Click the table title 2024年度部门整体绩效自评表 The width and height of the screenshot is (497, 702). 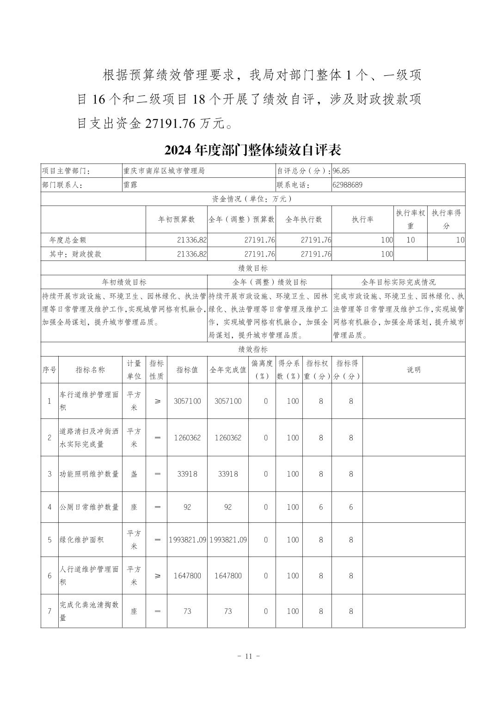coord(252,150)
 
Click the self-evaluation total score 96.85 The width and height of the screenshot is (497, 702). coord(341,171)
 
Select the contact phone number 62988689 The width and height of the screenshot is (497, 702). coord(347,185)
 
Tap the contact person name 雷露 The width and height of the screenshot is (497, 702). coord(130,185)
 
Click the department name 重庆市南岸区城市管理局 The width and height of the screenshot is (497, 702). coord(164,171)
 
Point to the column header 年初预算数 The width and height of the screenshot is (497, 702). coord(177,219)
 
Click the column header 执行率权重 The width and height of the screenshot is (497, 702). coord(410,219)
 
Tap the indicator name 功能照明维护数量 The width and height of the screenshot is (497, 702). coord(90,474)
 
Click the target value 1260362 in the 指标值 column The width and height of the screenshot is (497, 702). coord(187,437)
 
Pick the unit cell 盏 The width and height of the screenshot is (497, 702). coord(134,474)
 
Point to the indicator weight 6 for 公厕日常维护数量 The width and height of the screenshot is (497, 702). coord(321,507)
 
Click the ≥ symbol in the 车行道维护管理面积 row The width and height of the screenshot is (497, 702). coord(157,401)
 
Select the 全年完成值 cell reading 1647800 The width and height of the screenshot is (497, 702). coord(227,575)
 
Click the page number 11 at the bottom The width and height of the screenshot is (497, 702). coord(248,656)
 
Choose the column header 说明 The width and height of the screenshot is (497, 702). coord(413,369)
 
